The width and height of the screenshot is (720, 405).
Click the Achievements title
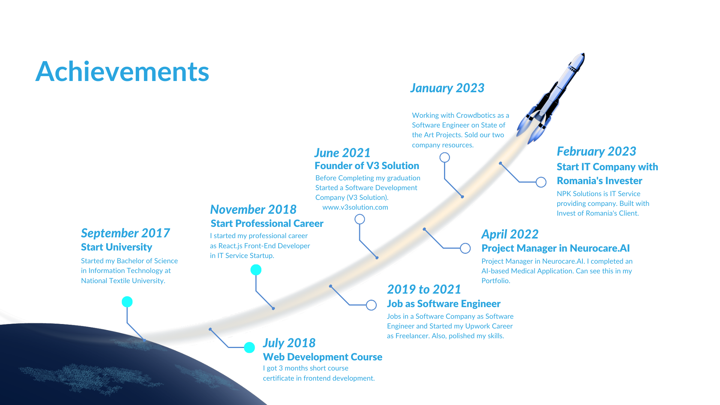(x=122, y=71)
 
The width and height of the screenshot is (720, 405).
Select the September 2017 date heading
(x=125, y=233)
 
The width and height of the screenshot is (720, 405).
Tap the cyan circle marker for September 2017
(x=127, y=302)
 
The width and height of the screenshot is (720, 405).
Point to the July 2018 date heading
(x=289, y=343)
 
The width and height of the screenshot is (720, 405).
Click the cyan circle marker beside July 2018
(x=249, y=348)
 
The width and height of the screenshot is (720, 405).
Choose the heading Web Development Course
(x=322, y=357)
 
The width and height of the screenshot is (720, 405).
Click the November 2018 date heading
(x=253, y=209)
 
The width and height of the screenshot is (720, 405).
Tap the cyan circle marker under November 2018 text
(x=256, y=270)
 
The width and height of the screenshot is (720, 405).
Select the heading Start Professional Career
(x=267, y=223)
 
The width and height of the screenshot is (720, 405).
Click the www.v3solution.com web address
(x=355, y=207)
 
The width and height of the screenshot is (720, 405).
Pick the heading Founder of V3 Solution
(x=367, y=166)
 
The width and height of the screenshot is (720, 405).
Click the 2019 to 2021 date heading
(x=424, y=289)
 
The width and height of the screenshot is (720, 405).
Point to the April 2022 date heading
(x=510, y=234)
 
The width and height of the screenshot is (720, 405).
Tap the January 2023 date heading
(x=447, y=88)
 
